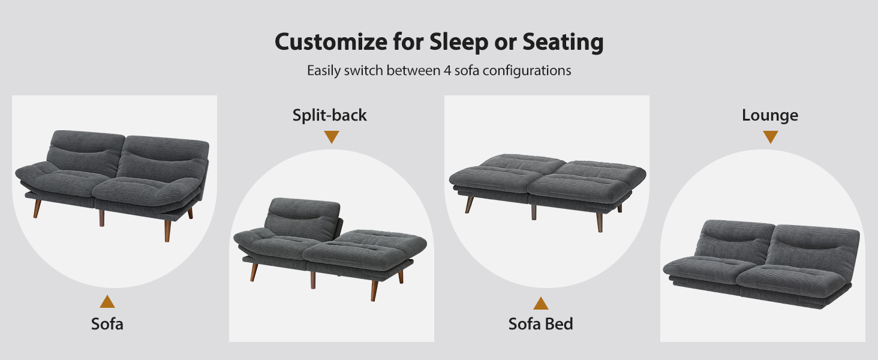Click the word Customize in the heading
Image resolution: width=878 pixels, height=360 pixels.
331,42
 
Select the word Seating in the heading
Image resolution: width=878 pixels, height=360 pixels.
563,43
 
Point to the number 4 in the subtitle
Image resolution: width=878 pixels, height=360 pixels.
447,71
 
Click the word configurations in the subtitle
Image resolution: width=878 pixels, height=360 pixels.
527,71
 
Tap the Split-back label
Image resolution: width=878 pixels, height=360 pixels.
330,115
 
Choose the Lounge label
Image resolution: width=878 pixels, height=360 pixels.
770,115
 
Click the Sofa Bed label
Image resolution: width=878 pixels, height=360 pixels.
540,324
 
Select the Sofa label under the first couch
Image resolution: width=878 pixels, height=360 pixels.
107,324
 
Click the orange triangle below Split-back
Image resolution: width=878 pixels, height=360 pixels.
332,136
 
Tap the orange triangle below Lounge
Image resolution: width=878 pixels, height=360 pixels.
771,136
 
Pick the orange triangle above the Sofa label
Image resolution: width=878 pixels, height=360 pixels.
107,302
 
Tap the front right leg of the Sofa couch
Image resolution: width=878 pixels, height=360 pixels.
168,230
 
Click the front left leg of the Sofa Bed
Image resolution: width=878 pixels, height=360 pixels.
469,205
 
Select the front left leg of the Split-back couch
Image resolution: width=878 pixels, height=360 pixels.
254,272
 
